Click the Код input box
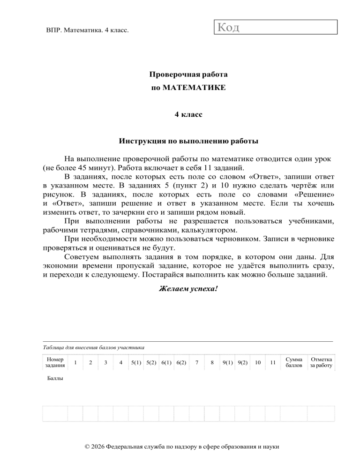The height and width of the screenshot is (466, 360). pyautogui.click(x=276, y=27)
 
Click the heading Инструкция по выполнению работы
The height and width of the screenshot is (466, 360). pyautogui.click(x=188, y=141)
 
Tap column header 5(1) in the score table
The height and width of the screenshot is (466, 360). pyautogui.click(x=136, y=362)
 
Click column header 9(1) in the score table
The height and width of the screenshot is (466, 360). pyautogui.click(x=228, y=362)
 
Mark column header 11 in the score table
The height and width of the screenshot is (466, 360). pyautogui.click(x=272, y=362)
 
